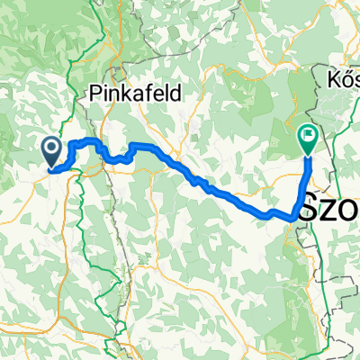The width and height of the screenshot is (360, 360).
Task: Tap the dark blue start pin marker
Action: point(50,149)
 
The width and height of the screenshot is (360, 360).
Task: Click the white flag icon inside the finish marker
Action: point(308,137)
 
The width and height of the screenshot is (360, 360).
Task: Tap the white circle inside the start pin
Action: point(50,147)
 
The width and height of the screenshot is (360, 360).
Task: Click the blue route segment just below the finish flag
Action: point(308,166)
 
